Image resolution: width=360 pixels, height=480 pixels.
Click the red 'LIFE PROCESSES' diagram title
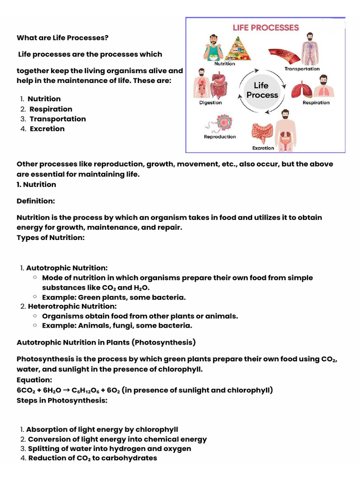coord(266,28)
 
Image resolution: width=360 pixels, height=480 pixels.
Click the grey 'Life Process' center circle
coord(262,90)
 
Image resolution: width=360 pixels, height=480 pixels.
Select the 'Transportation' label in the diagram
coord(302,69)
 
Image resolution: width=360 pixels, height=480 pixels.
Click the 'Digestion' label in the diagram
coord(210,103)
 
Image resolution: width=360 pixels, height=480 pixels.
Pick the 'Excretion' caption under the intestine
coord(263,148)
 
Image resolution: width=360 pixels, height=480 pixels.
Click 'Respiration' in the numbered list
coord(51,109)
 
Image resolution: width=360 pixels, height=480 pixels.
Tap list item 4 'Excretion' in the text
coord(47,128)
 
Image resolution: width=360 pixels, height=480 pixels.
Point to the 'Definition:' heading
coord(36,201)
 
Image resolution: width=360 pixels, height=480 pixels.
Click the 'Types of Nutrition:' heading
coord(51,237)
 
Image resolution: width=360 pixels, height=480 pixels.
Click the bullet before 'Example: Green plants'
coord(35,297)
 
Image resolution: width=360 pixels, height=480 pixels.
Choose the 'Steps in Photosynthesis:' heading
coord(62,400)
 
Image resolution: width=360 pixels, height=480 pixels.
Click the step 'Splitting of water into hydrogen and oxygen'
coord(110,449)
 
